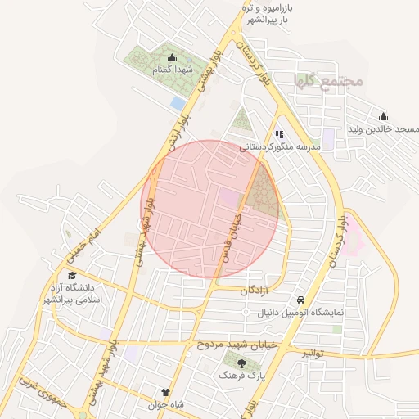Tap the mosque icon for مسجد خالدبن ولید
pos(383,116)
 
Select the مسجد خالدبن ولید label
pos(383,130)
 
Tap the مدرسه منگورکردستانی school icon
pos(279,134)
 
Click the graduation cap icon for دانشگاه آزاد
pos(72,275)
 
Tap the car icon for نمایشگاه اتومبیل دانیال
pos(301,300)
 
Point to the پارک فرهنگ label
pos(242,375)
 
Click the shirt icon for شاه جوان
pos(167,393)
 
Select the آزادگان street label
pos(255,291)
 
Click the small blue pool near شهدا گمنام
pos(178,103)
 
